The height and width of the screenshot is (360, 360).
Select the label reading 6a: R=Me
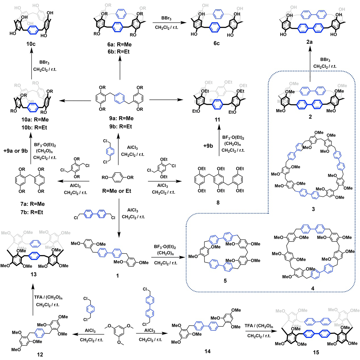pyautogui.click(x=120, y=45)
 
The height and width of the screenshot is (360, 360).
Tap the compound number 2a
pyautogui.click(x=309, y=42)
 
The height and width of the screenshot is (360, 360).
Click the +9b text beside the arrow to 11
pyautogui.click(x=208, y=146)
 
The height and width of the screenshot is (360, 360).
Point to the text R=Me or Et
pyautogui.click(x=117, y=191)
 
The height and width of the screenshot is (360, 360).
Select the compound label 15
pyautogui.click(x=316, y=352)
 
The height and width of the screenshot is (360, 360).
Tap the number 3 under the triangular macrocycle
pyautogui.click(x=313, y=209)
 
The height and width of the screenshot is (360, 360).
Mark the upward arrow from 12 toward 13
pyautogui.click(x=33, y=301)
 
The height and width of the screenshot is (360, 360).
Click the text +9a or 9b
pyautogui.click(x=16, y=151)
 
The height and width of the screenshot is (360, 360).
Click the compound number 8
pyautogui.click(x=218, y=203)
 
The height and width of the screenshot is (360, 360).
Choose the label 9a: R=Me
pyautogui.click(x=121, y=118)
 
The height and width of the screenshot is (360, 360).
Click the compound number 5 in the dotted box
pyautogui.click(x=225, y=281)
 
